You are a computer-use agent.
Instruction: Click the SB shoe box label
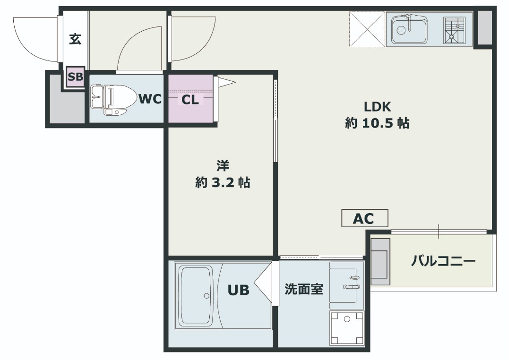[x=76, y=77]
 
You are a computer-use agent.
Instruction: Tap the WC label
[x=150, y=99]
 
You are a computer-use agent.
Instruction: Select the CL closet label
[x=190, y=100]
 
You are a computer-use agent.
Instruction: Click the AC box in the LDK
[x=365, y=218]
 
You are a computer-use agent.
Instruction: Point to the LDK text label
[x=378, y=107]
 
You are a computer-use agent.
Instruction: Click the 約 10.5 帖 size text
[x=377, y=123]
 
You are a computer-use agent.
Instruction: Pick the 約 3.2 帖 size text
[x=223, y=182]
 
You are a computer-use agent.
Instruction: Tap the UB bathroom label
[x=239, y=290]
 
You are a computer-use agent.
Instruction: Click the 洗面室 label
[x=304, y=289]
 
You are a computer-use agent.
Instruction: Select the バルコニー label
[x=443, y=260]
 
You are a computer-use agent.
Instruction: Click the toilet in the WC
[x=113, y=100]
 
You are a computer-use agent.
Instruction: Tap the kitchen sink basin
[x=409, y=30]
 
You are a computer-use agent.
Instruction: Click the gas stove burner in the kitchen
[x=454, y=30]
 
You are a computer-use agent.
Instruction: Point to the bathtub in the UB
[x=196, y=295]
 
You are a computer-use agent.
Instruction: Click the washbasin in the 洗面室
[x=347, y=285]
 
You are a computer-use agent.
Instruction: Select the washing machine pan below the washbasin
[x=347, y=328]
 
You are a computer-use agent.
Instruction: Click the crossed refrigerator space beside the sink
[x=367, y=29]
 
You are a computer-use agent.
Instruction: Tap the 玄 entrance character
[x=75, y=39]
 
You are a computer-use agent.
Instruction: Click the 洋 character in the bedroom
[x=223, y=165]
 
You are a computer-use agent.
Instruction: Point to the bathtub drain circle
[x=207, y=296]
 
